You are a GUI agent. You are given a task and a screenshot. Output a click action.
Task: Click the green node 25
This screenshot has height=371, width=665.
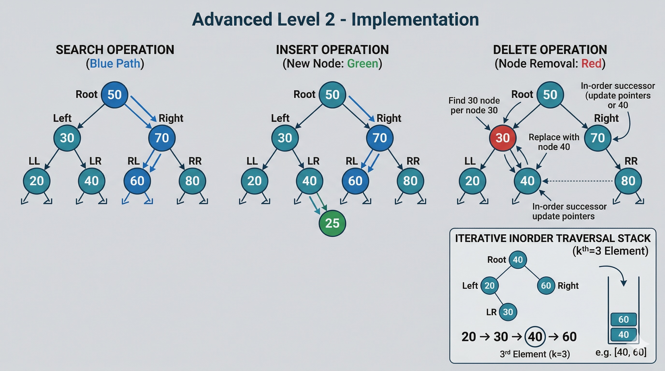(x=332, y=223)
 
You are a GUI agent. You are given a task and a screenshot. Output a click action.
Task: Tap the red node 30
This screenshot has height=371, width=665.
(x=502, y=138)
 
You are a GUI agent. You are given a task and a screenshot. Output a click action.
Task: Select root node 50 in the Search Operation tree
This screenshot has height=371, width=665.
(x=114, y=95)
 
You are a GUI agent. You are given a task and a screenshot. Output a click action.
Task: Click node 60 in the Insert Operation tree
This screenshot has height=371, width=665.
(x=355, y=181)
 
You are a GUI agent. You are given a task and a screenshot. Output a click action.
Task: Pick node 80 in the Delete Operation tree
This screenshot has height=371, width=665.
(x=628, y=181)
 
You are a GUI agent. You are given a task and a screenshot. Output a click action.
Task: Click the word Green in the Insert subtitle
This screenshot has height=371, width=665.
(x=362, y=64)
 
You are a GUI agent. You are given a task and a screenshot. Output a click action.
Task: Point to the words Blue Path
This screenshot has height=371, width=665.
(x=115, y=64)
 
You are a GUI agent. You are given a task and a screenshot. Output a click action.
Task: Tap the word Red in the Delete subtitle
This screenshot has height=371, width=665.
(x=591, y=64)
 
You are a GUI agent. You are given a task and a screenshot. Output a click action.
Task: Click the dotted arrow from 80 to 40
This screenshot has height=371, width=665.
(x=578, y=181)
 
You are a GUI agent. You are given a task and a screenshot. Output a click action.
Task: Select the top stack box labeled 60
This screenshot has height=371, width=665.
(x=623, y=319)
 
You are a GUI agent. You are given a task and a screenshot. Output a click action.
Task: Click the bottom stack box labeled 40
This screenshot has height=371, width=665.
(x=623, y=335)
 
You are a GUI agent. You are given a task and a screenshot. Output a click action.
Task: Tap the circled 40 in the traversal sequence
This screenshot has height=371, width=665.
(x=535, y=337)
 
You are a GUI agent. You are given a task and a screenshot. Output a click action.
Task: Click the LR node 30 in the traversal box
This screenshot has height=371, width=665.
(x=508, y=312)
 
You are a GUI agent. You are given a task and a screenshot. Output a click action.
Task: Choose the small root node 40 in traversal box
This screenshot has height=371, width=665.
(x=518, y=260)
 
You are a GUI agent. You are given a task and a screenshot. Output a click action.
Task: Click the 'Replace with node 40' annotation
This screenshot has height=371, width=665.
(x=554, y=142)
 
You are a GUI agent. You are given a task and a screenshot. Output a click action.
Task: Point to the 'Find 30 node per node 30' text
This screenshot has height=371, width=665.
(x=474, y=105)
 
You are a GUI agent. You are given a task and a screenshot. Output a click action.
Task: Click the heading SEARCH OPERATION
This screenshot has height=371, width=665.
(x=115, y=50)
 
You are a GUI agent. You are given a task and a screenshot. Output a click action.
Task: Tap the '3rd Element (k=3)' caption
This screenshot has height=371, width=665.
(x=535, y=354)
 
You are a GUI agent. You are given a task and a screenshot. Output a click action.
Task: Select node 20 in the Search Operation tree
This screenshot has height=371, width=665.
(x=37, y=181)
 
